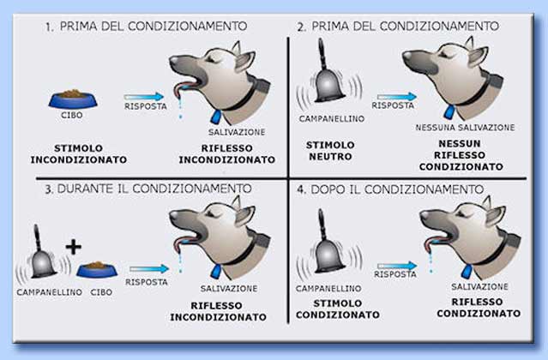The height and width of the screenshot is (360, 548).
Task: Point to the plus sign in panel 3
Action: pyautogui.click(x=75, y=247)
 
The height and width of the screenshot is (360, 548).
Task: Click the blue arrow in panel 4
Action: pyautogui.click(x=394, y=267)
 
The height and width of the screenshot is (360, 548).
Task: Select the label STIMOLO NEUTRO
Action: pyautogui.click(x=330, y=151)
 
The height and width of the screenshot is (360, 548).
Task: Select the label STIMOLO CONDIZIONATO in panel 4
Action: pyautogui.click(x=338, y=309)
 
